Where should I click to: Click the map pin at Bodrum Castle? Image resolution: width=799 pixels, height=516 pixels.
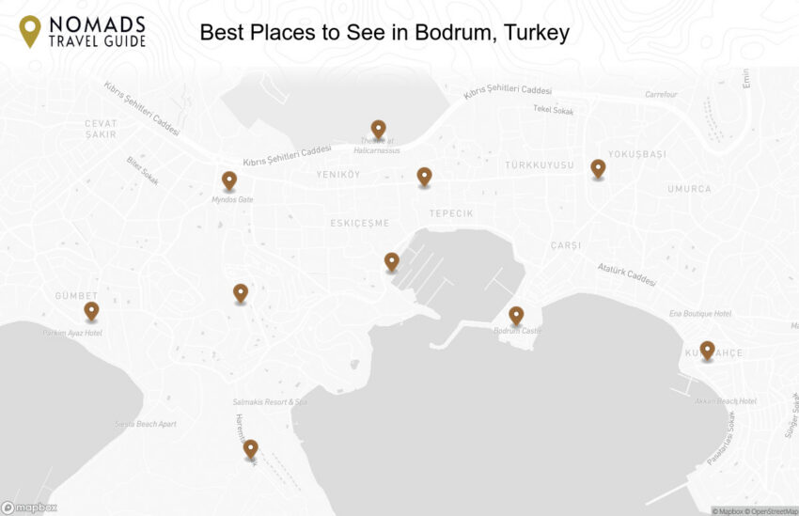[516, 316]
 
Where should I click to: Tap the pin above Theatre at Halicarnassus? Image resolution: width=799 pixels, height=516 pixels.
[378, 129]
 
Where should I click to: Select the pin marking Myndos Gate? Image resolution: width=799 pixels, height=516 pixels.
[229, 180]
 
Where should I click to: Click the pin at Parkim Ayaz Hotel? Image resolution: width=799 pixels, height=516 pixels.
[91, 310]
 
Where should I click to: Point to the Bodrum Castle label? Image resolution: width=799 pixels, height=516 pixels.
[518, 331]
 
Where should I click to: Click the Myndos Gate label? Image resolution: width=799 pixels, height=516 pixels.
[232, 199]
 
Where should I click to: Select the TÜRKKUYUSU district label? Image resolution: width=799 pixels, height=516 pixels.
[539, 165]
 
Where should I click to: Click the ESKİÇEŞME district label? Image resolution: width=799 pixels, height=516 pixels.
[359, 223]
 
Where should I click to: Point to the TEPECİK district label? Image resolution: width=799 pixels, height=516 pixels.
[451, 213]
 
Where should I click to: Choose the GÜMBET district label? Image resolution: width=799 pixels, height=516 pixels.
[76, 295]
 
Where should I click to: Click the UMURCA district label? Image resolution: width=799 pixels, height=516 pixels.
[689, 189]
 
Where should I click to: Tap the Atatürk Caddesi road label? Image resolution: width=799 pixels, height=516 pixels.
[626, 274]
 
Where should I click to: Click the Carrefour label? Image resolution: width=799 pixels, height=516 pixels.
[661, 94]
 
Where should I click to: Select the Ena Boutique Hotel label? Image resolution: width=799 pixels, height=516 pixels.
[699, 313]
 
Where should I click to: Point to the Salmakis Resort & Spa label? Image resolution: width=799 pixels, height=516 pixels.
[271, 402]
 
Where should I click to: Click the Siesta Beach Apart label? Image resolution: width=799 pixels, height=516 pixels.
[146, 424]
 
